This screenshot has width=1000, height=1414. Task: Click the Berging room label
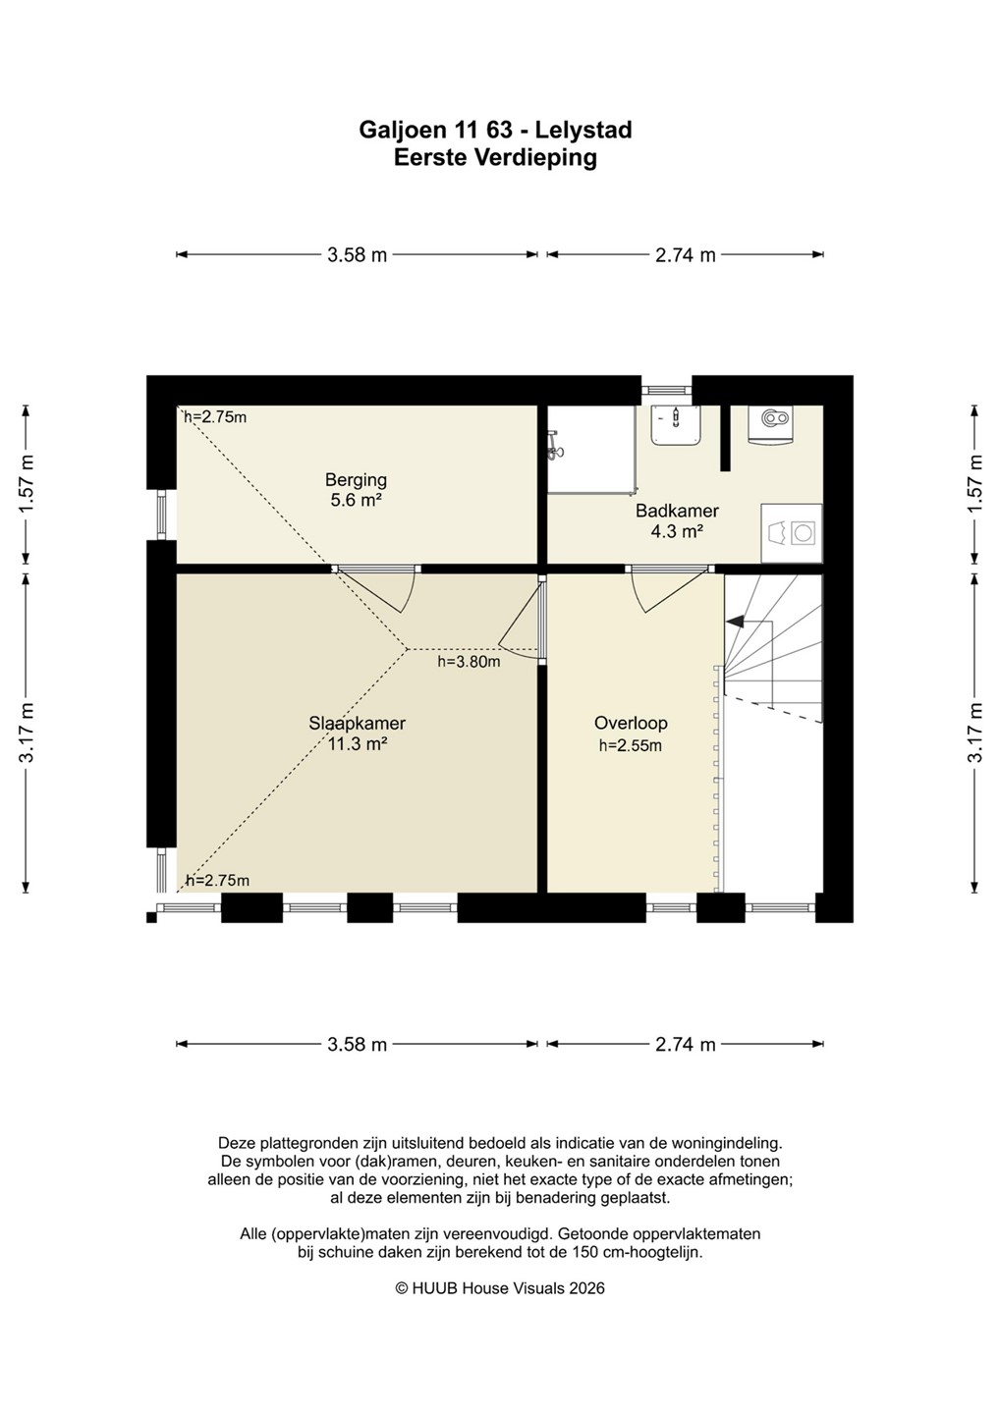click(x=356, y=480)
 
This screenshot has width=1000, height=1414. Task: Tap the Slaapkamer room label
click(x=357, y=724)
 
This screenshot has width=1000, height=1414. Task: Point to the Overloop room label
click(x=631, y=723)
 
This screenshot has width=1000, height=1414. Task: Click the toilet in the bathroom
click(x=773, y=424)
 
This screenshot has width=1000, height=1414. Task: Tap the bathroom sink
click(x=676, y=424)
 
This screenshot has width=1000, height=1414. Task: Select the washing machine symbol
click(x=792, y=533)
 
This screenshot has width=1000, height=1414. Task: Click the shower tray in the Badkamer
click(x=591, y=449)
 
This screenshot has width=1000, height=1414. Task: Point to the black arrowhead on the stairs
click(x=734, y=622)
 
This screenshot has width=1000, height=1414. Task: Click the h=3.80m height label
click(x=470, y=662)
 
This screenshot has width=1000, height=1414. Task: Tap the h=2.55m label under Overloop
click(x=631, y=745)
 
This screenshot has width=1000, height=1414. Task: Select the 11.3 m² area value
click(x=358, y=744)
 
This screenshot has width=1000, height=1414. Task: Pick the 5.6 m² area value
click(x=357, y=501)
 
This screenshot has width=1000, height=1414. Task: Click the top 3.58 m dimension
click(x=357, y=255)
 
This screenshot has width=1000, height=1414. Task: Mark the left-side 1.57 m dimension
click(x=26, y=484)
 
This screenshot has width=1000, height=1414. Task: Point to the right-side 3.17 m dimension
click(x=976, y=733)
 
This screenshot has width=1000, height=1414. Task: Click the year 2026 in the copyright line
click(x=586, y=1288)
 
